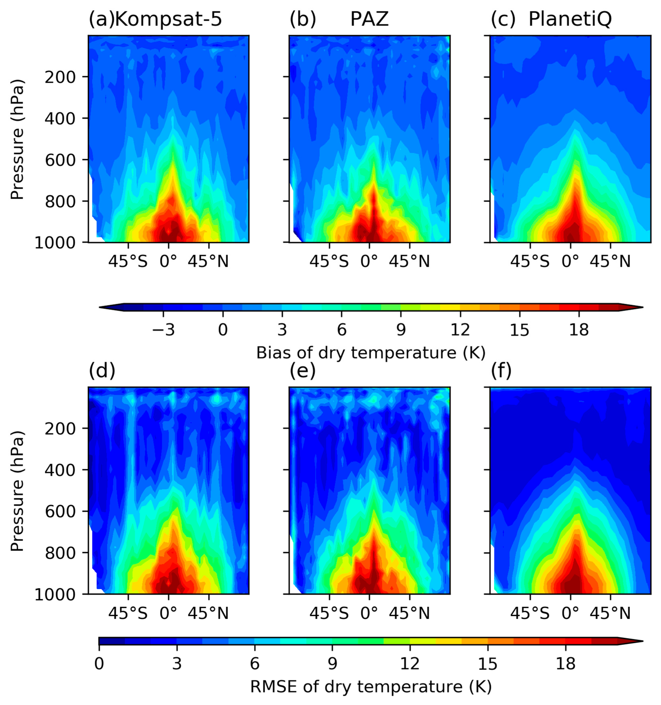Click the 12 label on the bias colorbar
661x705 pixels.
460,330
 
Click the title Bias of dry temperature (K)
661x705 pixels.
371,353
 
